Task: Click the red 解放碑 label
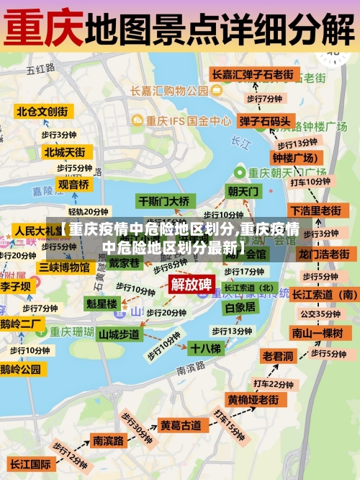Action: pos(191,283)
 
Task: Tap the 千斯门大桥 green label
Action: pos(164,201)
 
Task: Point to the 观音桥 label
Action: pos(73,185)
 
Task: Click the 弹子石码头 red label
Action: pos(265,121)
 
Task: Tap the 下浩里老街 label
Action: pos(315,210)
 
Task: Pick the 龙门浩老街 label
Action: pos(324,254)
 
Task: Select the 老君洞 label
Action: pos(277,356)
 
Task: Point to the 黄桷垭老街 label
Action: pos(253,399)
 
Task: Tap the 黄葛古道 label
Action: pos(181,425)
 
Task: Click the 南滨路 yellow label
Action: pos(108,440)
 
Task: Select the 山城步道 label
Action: pos(119,334)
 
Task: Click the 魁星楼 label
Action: pos(102,303)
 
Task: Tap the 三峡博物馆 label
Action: pos(64,267)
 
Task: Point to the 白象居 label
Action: pos(240,307)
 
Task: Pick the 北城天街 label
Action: pos(64,152)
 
